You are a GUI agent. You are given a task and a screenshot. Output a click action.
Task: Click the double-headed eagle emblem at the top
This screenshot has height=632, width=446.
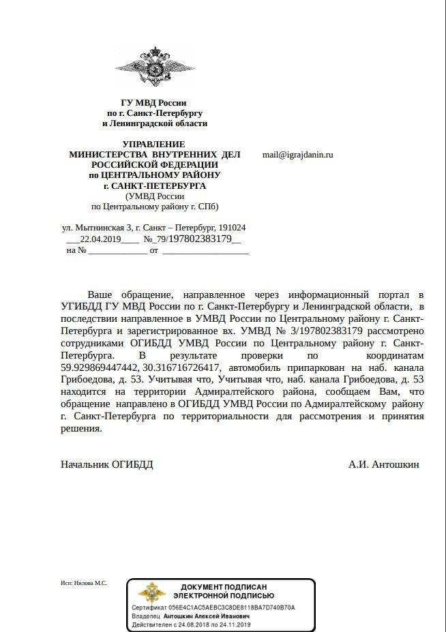click(154, 68)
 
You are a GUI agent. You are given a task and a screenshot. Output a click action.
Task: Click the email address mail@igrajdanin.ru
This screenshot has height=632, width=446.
click(297, 155)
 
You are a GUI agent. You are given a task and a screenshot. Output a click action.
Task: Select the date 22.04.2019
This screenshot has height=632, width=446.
click(100, 239)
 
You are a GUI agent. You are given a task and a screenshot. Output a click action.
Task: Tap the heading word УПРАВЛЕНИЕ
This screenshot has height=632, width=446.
click(153, 144)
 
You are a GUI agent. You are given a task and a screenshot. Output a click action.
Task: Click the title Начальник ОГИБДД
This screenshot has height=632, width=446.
click(107, 464)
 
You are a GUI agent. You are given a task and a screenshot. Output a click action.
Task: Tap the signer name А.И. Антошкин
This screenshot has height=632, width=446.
click(383, 464)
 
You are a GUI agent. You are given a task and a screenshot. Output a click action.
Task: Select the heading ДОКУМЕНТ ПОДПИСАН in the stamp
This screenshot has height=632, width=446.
click(224, 586)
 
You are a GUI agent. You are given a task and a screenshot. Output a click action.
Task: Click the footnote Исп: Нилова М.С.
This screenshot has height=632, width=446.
click(84, 584)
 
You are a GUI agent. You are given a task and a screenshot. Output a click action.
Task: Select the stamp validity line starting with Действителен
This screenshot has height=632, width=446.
click(192, 624)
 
